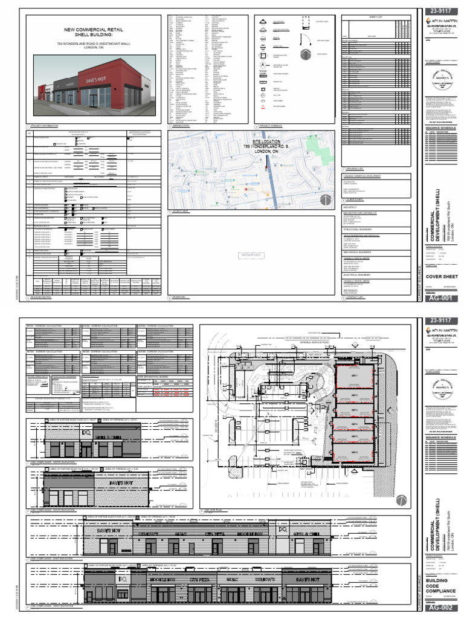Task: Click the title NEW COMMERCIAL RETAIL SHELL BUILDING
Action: coord(94,32)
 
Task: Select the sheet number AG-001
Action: coord(440,298)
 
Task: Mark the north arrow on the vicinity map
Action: coord(326,199)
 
